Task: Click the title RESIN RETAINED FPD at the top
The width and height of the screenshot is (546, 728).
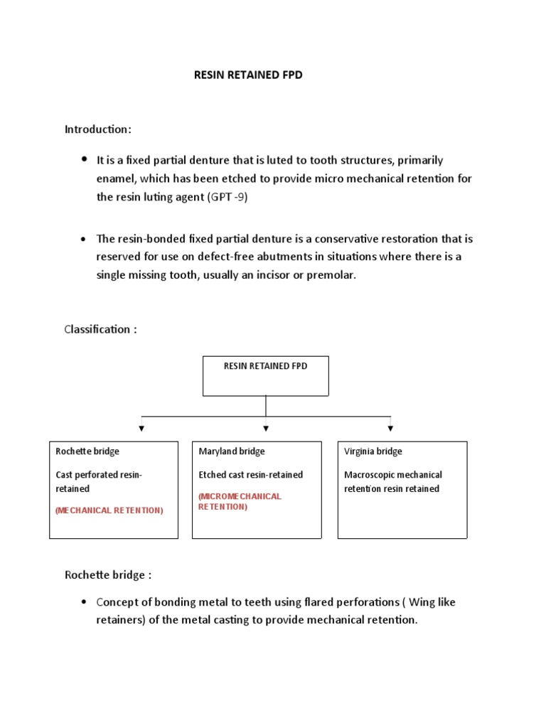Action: point(248,75)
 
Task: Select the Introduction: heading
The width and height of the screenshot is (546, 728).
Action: point(98,129)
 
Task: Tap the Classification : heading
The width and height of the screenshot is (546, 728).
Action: point(100,329)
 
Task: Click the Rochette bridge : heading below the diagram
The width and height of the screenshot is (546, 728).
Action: point(108,574)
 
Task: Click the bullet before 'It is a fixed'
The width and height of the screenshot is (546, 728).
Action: point(85,159)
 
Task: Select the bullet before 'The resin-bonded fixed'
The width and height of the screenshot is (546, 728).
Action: point(85,239)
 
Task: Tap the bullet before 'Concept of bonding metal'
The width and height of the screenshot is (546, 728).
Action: point(85,602)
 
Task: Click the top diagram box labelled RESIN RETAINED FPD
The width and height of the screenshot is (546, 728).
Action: point(266,375)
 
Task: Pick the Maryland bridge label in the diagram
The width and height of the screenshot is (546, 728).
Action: point(232,451)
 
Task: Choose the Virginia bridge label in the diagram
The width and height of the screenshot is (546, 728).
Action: point(373,451)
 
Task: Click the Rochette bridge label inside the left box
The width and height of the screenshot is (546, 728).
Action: point(87,451)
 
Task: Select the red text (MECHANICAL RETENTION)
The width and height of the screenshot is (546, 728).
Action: point(109,510)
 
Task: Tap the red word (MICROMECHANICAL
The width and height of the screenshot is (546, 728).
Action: point(240,496)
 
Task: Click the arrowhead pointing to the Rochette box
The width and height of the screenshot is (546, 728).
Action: point(141,428)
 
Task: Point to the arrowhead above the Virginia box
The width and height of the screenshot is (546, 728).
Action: point(390,428)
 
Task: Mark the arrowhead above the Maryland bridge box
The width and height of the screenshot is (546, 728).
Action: point(266,428)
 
